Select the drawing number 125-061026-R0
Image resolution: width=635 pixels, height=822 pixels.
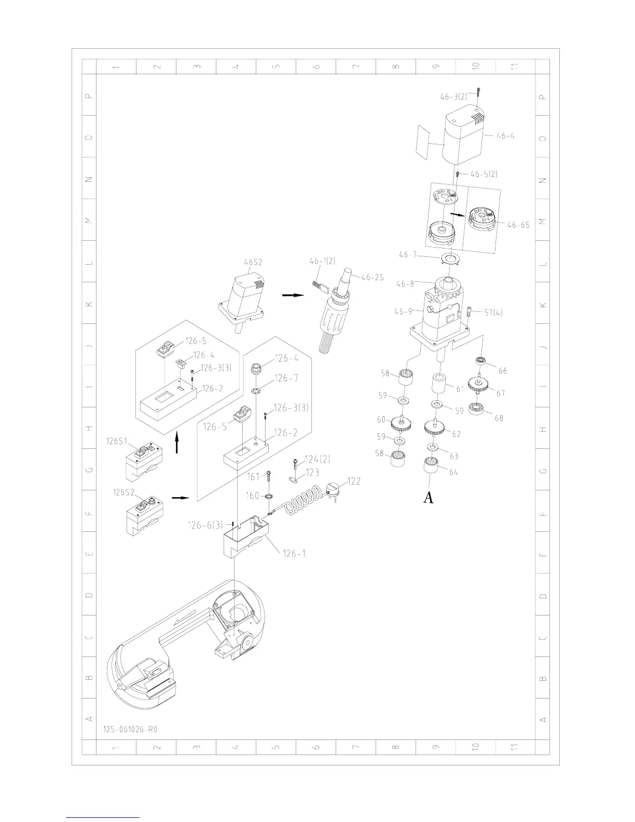130,729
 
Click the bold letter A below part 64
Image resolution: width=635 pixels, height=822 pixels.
429,498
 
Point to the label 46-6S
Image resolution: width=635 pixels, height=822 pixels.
518,225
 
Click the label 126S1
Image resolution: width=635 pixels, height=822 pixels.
117,441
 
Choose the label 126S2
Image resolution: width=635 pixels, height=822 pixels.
123,492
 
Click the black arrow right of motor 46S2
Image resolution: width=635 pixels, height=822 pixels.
292,295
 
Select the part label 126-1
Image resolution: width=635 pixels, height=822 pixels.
294,553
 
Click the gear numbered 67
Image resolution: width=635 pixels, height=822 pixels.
479,385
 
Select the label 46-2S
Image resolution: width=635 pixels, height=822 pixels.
372,277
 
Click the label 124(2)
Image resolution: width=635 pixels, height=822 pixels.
317,459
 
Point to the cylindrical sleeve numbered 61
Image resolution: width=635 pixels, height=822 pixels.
439,386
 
